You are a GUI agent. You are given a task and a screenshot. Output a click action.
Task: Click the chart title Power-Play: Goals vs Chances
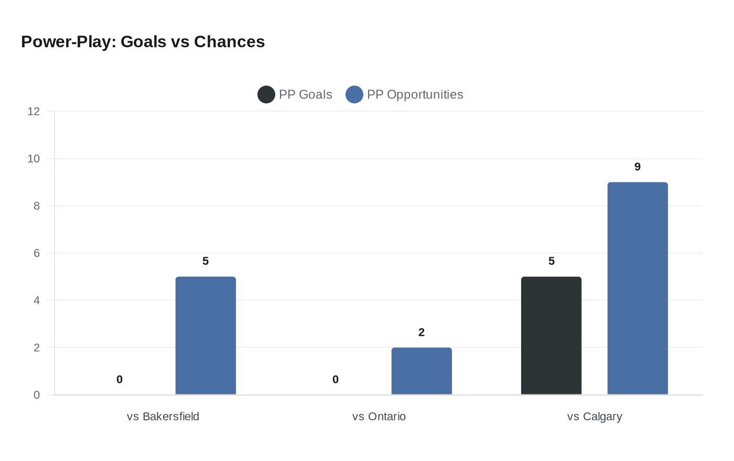(143, 42)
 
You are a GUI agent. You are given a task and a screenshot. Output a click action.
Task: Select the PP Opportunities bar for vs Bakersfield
(206, 335)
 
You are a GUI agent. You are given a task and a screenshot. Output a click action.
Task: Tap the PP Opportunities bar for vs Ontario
(422, 371)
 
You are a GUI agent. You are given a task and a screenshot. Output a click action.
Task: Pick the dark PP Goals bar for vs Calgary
(551, 335)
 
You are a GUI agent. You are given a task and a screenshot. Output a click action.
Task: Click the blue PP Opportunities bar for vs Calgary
(638, 288)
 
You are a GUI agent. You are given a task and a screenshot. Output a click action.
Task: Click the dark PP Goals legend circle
(266, 95)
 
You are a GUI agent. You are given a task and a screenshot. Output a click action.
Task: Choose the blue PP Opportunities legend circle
(354, 95)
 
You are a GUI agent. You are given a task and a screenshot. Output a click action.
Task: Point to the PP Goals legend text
(306, 95)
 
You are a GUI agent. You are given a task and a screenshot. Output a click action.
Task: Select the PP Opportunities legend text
(415, 95)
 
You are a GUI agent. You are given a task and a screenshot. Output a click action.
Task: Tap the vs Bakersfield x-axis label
(163, 416)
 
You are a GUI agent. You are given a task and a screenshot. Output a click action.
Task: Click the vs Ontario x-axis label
(379, 416)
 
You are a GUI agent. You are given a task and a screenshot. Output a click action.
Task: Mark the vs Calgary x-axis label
(595, 416)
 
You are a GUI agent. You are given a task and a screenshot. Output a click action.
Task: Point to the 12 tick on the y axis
(34, 111)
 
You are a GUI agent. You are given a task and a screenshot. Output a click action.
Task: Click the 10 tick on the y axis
(34, 159)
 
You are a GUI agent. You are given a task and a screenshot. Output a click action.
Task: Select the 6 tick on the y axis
(37, 253)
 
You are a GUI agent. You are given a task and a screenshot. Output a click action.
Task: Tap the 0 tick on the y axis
(37, 395)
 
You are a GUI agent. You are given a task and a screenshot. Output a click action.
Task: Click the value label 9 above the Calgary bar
(638, 167)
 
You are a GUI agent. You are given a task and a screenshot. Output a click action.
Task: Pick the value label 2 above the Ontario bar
(422, 333)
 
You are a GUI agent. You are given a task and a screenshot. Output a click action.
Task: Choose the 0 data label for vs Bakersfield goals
(120, 380)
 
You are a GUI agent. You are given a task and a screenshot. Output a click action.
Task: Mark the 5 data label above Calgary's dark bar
(552, 261)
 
